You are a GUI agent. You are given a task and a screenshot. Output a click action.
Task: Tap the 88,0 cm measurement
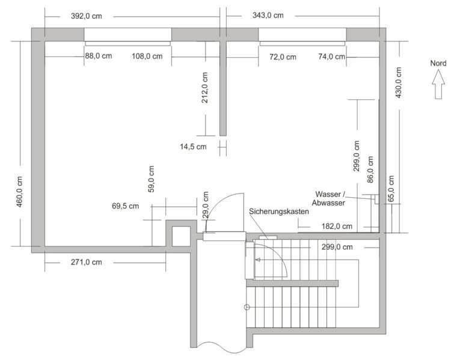98,57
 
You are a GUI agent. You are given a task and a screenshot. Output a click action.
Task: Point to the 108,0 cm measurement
147,57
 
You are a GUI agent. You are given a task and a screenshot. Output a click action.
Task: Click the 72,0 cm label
283,58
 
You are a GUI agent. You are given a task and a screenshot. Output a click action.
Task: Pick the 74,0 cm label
331,57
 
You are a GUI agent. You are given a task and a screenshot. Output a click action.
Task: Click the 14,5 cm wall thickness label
193,146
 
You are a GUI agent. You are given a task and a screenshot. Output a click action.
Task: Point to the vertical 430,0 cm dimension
399,86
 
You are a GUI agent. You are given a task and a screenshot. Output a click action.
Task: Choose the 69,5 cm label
126,206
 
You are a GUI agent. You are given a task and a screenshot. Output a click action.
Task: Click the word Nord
438,63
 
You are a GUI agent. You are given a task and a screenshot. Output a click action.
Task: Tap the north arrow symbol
438,84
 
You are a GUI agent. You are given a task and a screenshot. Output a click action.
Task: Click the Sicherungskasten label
279,212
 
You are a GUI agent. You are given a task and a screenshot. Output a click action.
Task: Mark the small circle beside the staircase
246,308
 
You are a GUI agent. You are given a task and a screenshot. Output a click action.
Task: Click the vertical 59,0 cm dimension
151,179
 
